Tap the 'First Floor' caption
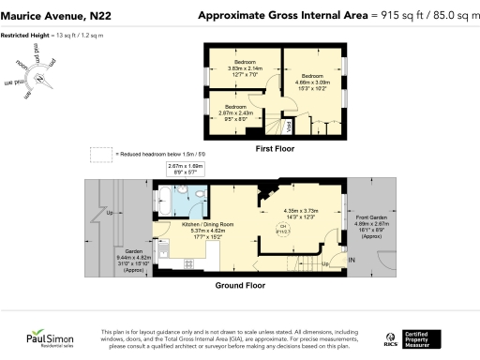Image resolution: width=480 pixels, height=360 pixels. (x=276, y=147)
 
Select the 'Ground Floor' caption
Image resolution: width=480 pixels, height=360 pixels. (x=241, y=286)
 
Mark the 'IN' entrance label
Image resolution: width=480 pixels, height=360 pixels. (x=352, y=259)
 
